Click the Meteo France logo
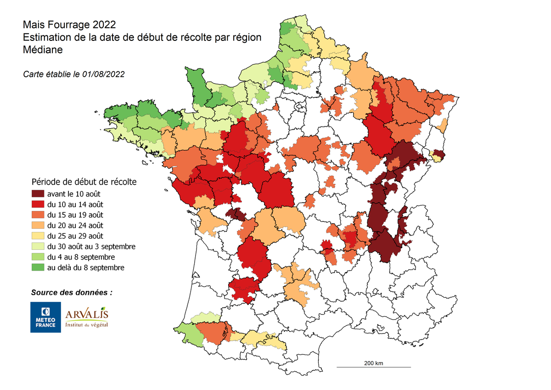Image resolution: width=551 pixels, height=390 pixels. click(x=45, y=317)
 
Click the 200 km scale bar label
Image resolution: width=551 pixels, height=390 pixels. click(x=373, y=363)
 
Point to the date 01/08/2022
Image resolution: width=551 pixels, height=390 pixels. click(x=104, y=73)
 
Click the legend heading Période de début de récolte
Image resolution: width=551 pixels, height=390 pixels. click(x=84, y=181)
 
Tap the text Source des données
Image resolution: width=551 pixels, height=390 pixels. click(x=71, y=292)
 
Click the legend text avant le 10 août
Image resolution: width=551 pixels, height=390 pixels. click(x=73, y=194)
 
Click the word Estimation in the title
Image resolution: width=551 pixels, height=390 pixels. click(x=45, y=37)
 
